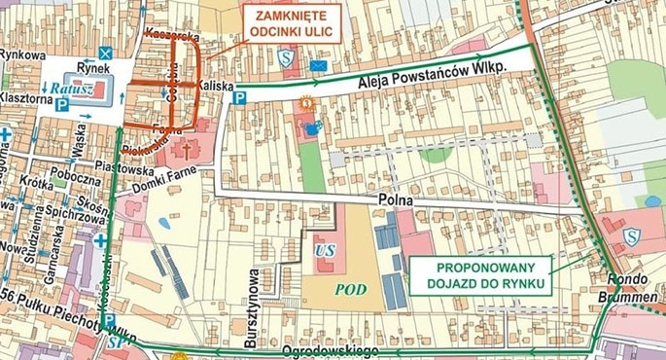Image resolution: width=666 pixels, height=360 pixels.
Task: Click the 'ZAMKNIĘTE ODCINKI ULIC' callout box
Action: [291, 23]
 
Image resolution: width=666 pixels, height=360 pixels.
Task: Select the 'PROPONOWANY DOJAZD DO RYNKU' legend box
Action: [481, 275]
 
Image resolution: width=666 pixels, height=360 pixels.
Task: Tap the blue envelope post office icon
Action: [318, 65]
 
